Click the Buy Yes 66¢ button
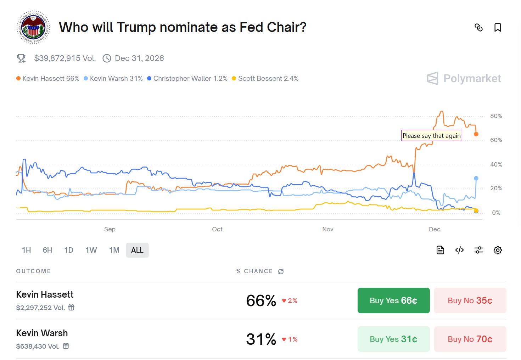pyautogui.click(x=393, y=300)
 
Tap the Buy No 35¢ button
pyautogui.click(x=470, y=300)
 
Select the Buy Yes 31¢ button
pyautogui.click(x=393, y=339)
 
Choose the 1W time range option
pyautogui.click(x=91, y=250)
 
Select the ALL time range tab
pyautogui.click(x=137, y=250)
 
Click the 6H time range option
pyautogui.click(x=47, y=250)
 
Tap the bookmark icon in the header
pyautogui.click(x=498, y=28)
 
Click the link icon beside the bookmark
pyautogui.click(x=478, y=28)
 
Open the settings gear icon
pyautogui.click(x=498, y=250)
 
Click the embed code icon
pyautogui.click(x=459, y=250)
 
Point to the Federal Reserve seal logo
pyautogui.click(x=33, y=27)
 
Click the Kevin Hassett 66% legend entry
pyautogui.click(x=48, y=79)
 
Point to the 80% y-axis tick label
pyautogui.click(x=496, y=116)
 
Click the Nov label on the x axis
pyautogui.click(x=328, y=229)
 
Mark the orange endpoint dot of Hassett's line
pyautogui.click(x=476, y=134)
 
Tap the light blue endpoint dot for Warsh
pyautogui.click(x=476, y=178)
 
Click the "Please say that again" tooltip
pyautogui.click(x=431, y=136)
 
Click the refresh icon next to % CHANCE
pyautogui.click(x=281, y=271)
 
